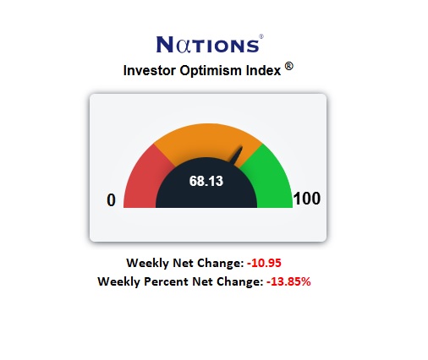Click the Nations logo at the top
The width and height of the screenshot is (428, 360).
pos(209,43)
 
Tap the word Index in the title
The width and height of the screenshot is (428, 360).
pos(263,70)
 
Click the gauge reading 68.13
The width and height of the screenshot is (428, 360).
pos(206,180)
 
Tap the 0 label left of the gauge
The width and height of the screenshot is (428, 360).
pos(110,200)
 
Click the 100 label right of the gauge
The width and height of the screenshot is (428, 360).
pos(306,199)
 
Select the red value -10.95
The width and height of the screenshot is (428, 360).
pos(263,263)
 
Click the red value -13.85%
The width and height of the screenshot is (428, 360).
pos(288,281)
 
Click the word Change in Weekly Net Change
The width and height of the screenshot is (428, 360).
pos(219,263)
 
